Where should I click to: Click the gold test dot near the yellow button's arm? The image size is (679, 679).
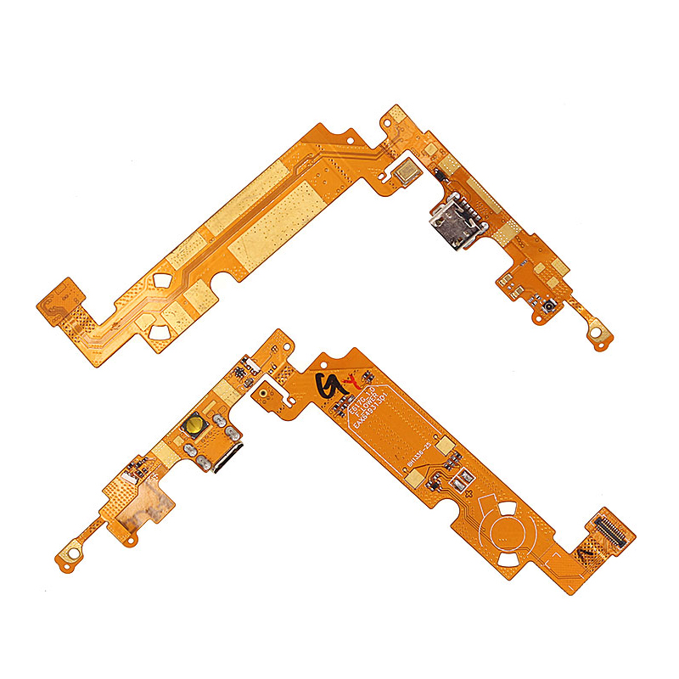coord(266,396)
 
